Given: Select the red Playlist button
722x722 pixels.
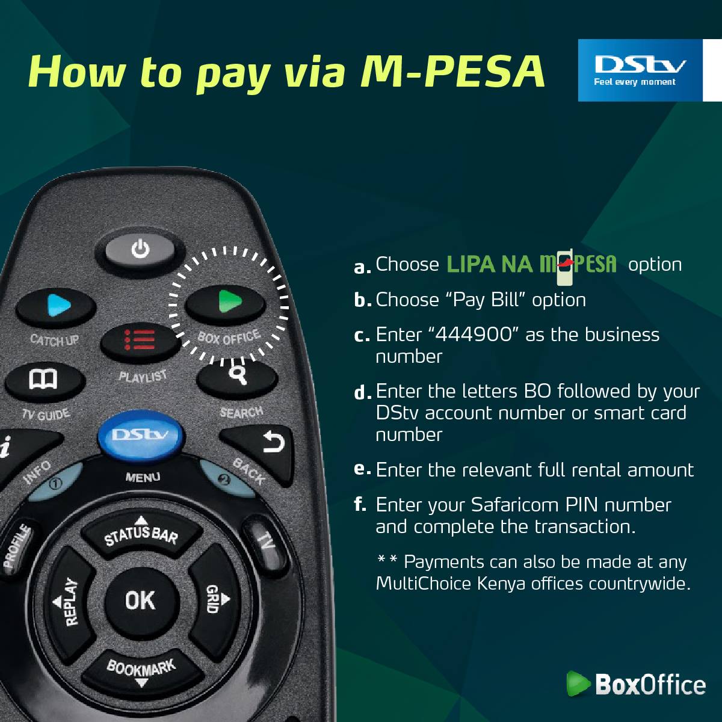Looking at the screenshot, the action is [141, 342].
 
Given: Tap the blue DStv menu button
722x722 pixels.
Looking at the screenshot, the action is [141, 436].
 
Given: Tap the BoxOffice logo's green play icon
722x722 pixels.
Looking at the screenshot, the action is [578, 683].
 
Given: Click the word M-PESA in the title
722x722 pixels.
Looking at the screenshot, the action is [453, 72].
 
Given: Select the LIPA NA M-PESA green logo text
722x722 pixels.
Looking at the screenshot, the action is [532, 264].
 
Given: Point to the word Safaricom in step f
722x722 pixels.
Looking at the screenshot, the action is [516, 504].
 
